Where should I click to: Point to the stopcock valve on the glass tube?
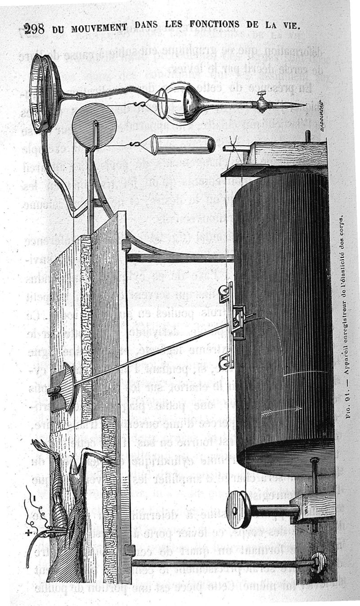261,103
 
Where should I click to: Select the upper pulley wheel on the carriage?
224,295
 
